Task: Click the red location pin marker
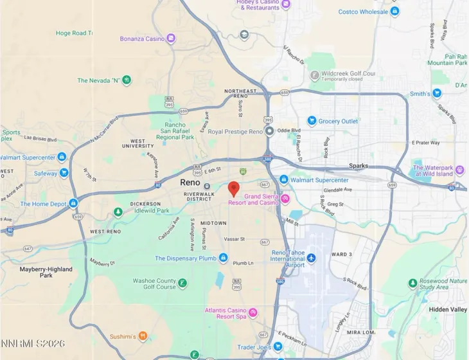[x=234, y=188]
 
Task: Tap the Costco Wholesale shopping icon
[x=394, y=11]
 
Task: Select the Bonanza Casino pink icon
[x=170, y=39]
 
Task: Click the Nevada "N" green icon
[x=127, y=80]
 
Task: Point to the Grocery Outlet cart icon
[x=312, y=121]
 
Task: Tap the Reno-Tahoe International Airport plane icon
[x=312, y=258]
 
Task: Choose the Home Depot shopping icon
[x=73, y=204]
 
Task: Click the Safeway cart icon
[x=64, y=173]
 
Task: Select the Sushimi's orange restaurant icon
[x=143, y=336]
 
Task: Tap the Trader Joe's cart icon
[x=278, y=347]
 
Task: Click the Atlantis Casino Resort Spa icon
[x=254, y=313]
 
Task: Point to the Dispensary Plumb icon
[x=223, y=258]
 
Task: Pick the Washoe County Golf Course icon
[x=183, y=283]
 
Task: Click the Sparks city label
[x=358, y=166]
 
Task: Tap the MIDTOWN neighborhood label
[x=213, y=223]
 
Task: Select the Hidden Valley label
[x=448, y=309]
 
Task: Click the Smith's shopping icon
[x=437, y=94]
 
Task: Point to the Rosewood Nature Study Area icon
[x=413, y=283]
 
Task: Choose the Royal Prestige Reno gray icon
[x=270, y=132]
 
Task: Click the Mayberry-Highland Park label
[x=46, y=272]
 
